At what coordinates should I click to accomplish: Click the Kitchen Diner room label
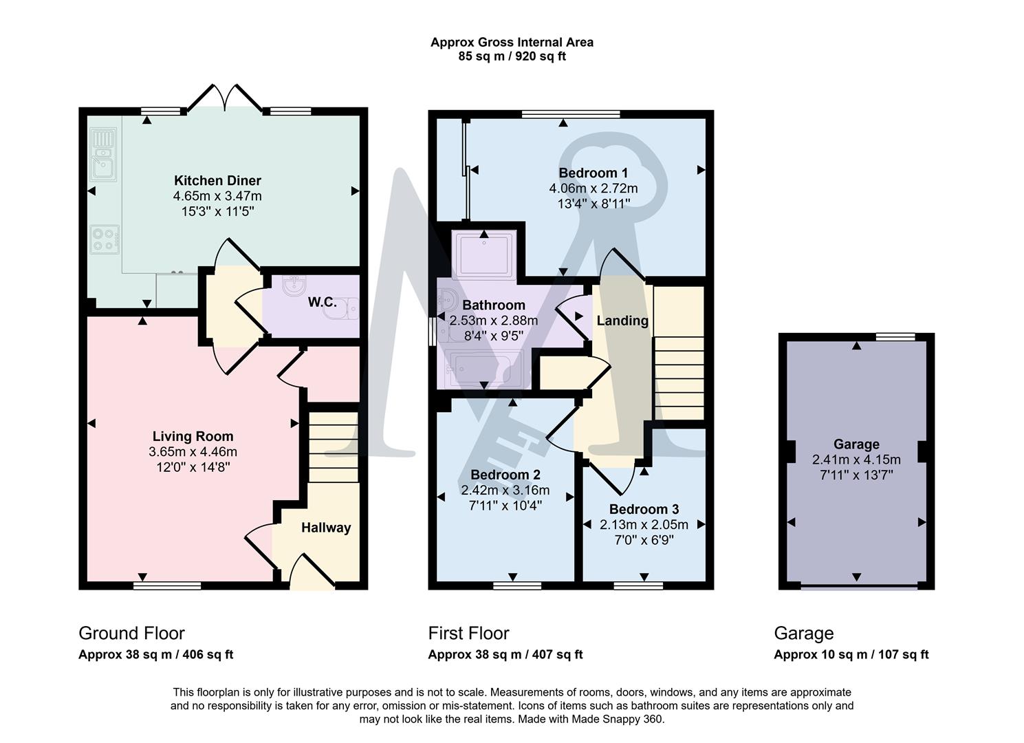(x=217, y=181)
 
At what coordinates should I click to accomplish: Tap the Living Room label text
(x=193, y=437)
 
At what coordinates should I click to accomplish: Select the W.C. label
(x=322, y=302)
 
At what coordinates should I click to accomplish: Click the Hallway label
(x=326, y=528)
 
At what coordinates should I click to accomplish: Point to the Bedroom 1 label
(x=593, y=173)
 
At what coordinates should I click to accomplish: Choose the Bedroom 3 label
(x=644, y=509)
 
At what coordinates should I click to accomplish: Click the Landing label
(x=622, y=321)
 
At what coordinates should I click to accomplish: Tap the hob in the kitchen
(x=105, y=239)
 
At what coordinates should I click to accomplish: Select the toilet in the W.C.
(x=342, y=310)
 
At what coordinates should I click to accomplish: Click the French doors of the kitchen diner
(x=224, y=98)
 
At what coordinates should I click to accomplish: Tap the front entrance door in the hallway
(x=312, y=574)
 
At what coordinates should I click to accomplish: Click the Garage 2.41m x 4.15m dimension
(x=856, y=460)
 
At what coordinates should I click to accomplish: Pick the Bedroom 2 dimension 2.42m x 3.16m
(x=505, y=491)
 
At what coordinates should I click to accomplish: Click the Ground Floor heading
(x=131, y=633)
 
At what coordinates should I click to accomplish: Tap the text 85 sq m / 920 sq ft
(x=512, y=56)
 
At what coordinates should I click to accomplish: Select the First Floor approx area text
(x=505, y=655)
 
